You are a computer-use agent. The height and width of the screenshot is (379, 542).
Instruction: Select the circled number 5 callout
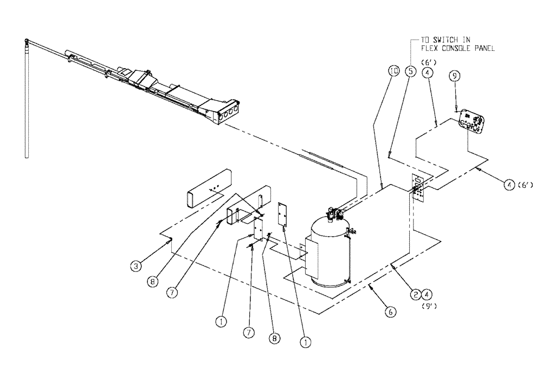(411, 71)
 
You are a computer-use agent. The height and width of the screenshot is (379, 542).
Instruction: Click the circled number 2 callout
(415, 295)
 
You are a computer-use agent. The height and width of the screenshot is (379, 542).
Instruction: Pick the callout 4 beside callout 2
(428, 295)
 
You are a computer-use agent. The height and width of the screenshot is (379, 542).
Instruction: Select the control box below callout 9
(470, 121)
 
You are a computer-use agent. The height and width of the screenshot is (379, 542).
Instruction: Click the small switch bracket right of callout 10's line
(417, 187)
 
